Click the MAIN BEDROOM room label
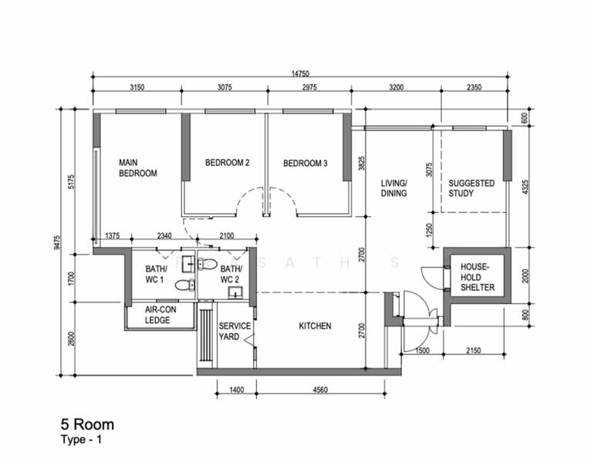pos(138,168)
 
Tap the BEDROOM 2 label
pos(228,163)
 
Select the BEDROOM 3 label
pos(305,164)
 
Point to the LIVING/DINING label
pos(394,188)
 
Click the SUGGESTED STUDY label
pos(471,188)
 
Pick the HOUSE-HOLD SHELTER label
pos(478,277)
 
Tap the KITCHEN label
pos(315,326)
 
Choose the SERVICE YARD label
pos(235,331)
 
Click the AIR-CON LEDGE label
pos(160,315)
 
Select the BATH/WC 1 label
pos(156,274)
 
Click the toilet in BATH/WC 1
pos(185,285)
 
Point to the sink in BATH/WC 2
pos(235,293)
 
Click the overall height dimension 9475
pos(57,242)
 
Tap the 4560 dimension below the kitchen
pos(320,390)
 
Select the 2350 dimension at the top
pos(474,87)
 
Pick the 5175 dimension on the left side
pos(72,182)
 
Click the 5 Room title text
pos(87,424)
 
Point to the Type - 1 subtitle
pos(81,440)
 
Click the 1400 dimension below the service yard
pos(237,390)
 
